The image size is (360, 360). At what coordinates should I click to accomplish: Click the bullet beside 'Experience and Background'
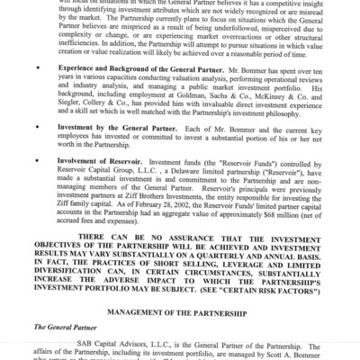click(x=36, y=93)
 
